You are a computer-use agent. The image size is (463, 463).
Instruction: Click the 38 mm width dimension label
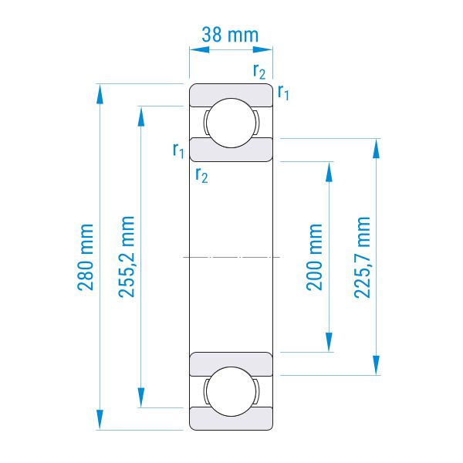pyautogui.click(x=230, y=35)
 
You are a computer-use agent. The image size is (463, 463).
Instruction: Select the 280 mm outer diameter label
pyautogui.click(x=86, y=257)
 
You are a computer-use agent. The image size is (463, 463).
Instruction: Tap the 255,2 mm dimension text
pyautogui.click(x=127, y=257)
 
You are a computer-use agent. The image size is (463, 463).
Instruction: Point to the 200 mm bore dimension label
pyautogui.click(x=314, y=257)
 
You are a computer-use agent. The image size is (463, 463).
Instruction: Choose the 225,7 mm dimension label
pyautogui.click(x=362, y=258)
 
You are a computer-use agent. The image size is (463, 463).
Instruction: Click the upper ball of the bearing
pyautogui.click(x=231, y=123)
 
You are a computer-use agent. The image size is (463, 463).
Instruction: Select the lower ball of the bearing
pyautogui.click(x=231, y=391)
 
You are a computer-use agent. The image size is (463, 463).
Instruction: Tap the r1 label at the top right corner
pyautogui.click(x=283, y=93)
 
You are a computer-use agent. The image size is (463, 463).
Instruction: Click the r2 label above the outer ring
pyautogui.click(x=259, y=72)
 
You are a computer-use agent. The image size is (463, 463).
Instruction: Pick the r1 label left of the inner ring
pyautogui.click(x=178, y=150)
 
